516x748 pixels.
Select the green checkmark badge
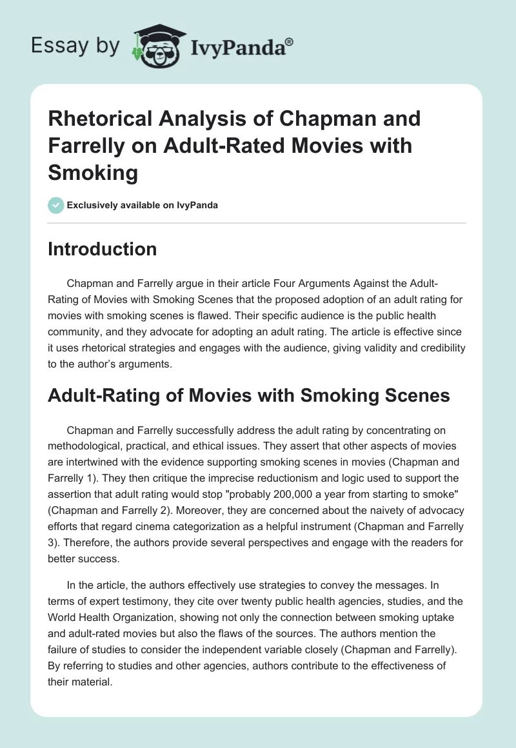(55, 205)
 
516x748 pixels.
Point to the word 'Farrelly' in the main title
(89, 146)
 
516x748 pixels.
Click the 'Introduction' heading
(102, 250)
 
